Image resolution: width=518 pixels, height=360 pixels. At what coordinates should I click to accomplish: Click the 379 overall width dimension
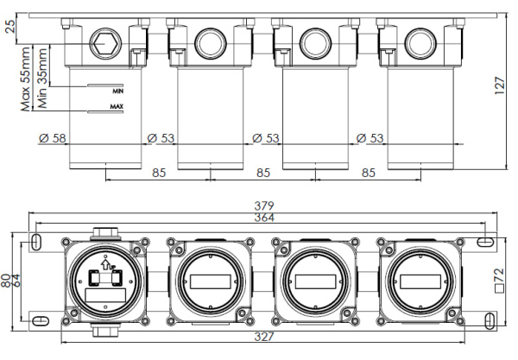click(264, 205)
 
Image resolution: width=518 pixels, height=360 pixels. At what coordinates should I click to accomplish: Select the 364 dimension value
click(264, 218)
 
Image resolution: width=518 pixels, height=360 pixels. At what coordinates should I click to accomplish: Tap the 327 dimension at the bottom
click(264, 337)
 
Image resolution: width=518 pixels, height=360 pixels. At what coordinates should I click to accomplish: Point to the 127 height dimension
click(500, 85)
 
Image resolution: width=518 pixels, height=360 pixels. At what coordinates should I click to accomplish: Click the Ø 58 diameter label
click(53, 138)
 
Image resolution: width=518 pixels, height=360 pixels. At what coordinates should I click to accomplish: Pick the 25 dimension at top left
click(10, 27)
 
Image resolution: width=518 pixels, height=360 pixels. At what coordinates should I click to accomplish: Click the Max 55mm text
click(25, 79)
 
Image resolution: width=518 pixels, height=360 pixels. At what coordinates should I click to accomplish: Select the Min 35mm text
click(42, 79)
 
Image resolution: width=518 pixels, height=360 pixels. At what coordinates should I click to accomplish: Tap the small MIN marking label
click(118, 92)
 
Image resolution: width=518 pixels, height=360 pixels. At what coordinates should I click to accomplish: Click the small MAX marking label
click(117, 106)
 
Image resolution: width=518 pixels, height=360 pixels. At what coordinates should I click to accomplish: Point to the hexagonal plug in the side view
click(105, 43)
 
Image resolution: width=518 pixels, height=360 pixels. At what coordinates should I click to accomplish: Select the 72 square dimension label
click(500, 281)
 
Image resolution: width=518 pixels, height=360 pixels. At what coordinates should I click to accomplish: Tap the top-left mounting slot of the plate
click(36, 242)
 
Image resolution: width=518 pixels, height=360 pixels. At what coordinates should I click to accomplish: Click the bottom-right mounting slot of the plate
click(490, 320)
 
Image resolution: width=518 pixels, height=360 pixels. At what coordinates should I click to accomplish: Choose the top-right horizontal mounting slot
click(485, 242)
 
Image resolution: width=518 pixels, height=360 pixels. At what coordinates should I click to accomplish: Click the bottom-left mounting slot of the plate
click(40, 320)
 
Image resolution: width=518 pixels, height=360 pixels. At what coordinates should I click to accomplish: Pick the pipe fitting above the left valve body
click(105, 233)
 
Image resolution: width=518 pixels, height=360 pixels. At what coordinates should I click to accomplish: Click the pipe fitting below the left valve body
click(105, 330)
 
